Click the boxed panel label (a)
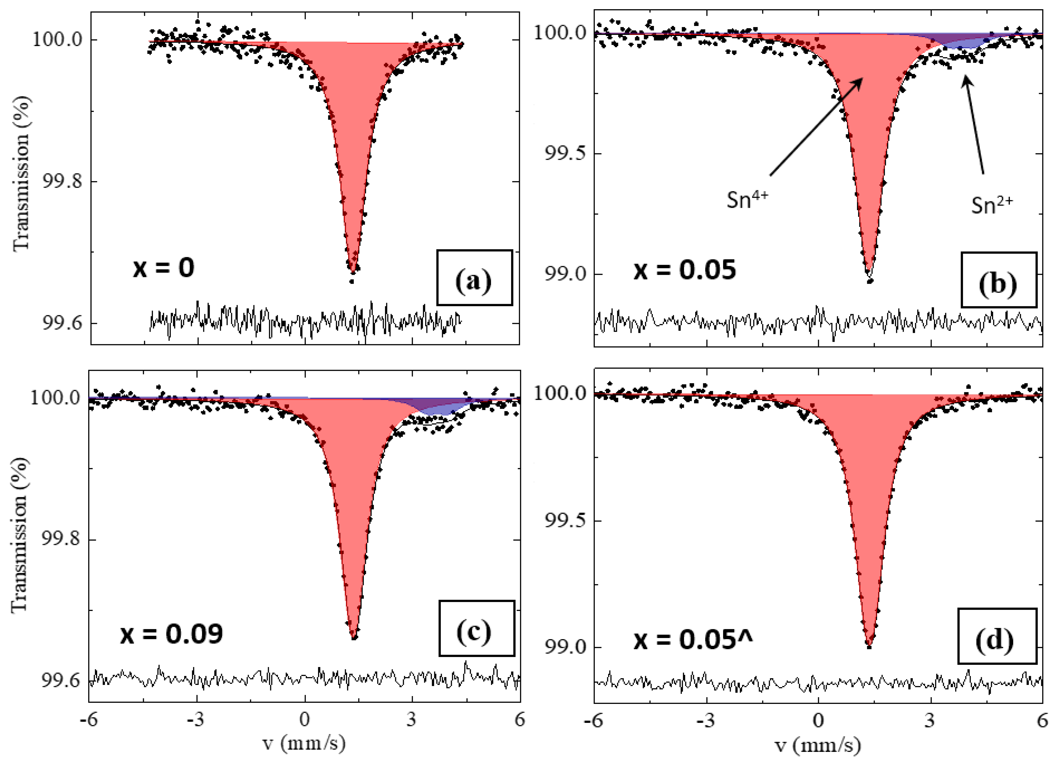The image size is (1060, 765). (x=474, y=278)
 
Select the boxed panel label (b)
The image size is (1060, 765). (x=998, y=280)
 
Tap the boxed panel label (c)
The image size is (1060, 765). (x=476, y=629)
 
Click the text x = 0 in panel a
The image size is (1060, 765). (x=163, y=268)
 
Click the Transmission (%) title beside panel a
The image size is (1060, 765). (x=21, y=174)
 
